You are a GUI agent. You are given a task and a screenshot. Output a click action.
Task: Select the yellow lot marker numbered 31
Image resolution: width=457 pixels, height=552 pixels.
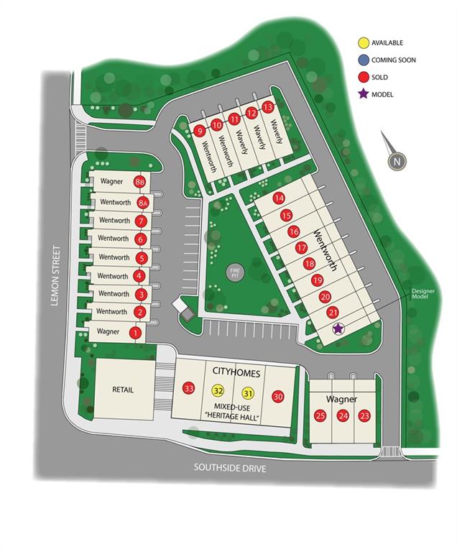(249, 393)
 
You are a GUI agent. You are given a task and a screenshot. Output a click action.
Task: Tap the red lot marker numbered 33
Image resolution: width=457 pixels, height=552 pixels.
(189, 388)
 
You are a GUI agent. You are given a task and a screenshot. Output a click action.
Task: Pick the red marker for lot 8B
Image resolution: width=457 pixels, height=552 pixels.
(141, 183)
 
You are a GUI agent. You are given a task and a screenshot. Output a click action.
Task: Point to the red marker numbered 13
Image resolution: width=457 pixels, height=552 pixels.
(268, 107)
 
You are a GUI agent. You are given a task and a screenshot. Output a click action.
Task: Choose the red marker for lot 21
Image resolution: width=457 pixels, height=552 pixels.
(333, 312)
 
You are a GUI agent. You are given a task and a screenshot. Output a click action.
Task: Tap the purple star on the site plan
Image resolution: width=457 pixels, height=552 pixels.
(338, 328)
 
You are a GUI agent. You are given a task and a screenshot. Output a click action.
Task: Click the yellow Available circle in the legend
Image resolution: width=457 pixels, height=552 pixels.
(364, 43)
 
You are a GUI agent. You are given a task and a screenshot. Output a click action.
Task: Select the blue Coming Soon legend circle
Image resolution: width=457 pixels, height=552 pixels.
(364, 60)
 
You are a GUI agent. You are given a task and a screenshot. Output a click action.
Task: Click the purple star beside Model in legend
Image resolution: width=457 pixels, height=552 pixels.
(364, 94)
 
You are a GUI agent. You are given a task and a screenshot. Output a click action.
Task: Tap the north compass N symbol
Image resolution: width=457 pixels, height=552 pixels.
(396, 162)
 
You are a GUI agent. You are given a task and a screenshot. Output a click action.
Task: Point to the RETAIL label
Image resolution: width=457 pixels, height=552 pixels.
(123, 390)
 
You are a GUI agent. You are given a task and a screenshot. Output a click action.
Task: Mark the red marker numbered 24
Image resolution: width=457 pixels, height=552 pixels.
(343, 415)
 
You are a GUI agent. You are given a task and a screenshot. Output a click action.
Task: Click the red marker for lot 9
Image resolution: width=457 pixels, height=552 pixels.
(200, 131)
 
